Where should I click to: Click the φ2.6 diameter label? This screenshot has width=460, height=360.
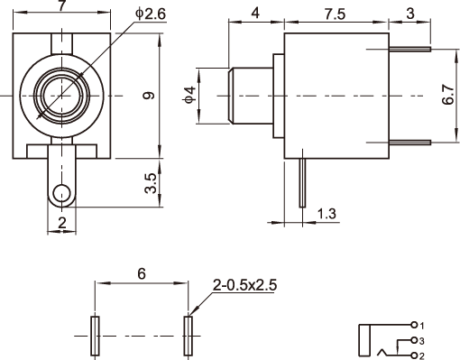(151, 14)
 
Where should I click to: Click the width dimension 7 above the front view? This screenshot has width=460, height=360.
(61, 6)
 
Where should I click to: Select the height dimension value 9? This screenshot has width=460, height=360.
(149, 96)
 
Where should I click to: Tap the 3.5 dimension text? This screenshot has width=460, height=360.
(151, 183)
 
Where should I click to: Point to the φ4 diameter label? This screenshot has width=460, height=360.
(190, 96)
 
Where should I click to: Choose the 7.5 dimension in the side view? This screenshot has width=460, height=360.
(335, 14)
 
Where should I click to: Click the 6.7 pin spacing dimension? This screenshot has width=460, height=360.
(448, 95)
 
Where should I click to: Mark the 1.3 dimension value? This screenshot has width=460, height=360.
(327, 214)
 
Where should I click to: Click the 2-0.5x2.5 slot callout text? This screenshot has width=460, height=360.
(244, 285)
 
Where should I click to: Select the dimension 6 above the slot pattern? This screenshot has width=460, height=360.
(142, 273)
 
